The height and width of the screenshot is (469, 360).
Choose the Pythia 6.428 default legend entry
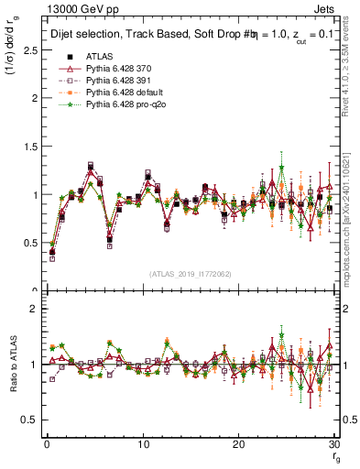point(122,94)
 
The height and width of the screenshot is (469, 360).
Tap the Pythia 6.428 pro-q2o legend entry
point(122,107)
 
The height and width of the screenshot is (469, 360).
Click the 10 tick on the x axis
point(143,444)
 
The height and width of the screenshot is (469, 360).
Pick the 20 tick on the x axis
point(238,444)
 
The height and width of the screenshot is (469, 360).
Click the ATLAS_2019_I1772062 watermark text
point(190,274)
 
